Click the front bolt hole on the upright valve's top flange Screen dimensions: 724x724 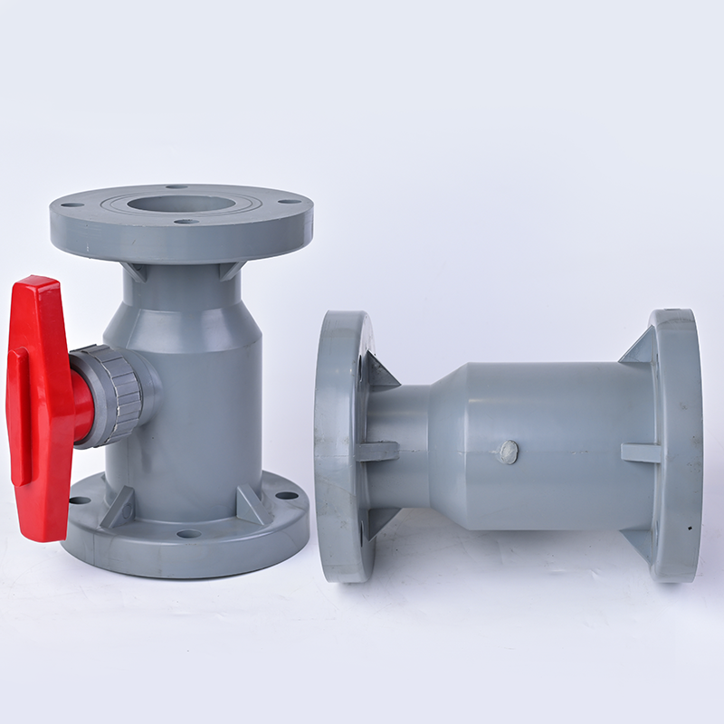(186, 222)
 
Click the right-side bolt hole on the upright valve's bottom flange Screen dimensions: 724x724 (287, 495)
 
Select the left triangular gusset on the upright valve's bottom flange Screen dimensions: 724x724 (119, 507)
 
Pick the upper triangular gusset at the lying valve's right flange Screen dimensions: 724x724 (641, 348)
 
